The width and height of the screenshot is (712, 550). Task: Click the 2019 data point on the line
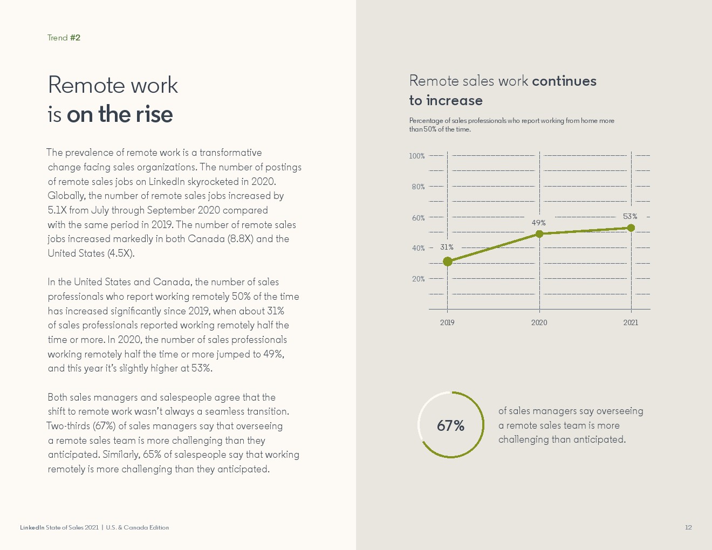point(447,262)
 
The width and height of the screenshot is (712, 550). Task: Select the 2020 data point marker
point(539,233)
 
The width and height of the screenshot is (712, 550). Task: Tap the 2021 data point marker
point(631,228)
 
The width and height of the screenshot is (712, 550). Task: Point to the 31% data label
point(447,247)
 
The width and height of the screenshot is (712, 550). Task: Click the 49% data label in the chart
point(538,223)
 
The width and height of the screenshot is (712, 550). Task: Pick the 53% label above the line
point(630,216)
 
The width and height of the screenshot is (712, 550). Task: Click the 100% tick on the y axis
point(417,156)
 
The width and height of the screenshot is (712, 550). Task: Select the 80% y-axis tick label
point(418,187)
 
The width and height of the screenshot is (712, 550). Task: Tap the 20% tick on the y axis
point(418,279)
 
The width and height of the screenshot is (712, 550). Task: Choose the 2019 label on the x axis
point(447,322)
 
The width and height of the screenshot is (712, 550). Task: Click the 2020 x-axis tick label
point(539,322)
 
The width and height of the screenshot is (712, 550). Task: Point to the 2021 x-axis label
point(631,322)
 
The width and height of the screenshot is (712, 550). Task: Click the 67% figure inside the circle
point(450,426)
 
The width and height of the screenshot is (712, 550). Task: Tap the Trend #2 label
point(64,38)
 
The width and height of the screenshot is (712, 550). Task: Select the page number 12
point(688,527)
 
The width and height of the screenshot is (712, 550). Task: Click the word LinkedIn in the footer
point(32,527)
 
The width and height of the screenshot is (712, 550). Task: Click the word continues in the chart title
point(564,81)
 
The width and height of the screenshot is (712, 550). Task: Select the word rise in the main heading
point(154,114)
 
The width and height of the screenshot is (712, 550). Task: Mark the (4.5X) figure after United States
point(120,253)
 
